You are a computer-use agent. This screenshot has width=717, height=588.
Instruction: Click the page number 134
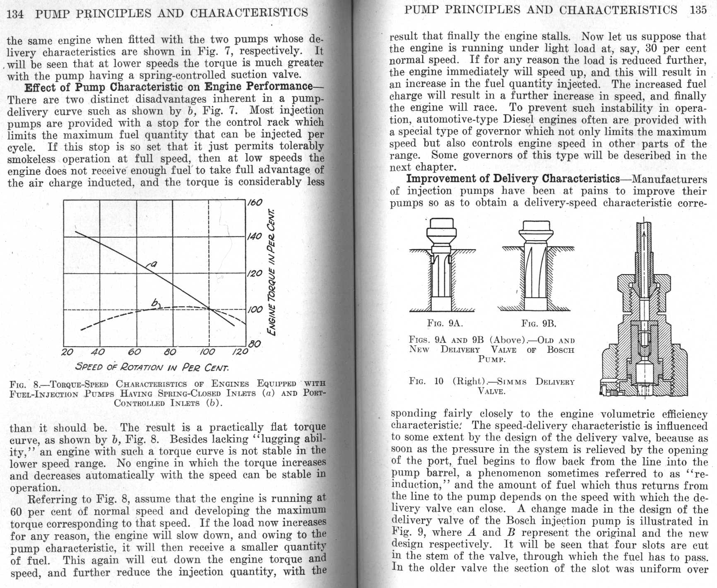pos(15,14)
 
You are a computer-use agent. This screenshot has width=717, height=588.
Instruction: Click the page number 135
pos(698,10)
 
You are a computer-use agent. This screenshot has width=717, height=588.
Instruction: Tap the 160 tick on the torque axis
pos(255,202)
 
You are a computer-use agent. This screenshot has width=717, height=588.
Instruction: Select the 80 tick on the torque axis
pos(255,344)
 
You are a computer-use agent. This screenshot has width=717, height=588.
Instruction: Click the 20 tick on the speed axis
pos(67,352)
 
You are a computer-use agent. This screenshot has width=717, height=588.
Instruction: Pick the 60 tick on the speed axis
pos(134,352)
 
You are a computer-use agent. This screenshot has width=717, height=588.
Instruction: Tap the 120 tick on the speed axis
pos(240,352)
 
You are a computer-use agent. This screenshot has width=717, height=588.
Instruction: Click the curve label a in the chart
pos(154,263)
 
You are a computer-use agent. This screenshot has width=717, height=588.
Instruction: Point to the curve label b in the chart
pos(156,304)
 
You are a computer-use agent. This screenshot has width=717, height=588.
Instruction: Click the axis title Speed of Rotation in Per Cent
pos(152,367)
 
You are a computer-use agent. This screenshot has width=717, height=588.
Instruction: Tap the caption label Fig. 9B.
pos(539,323)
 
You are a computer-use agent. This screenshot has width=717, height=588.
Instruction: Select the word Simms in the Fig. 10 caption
pos(512,382)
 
